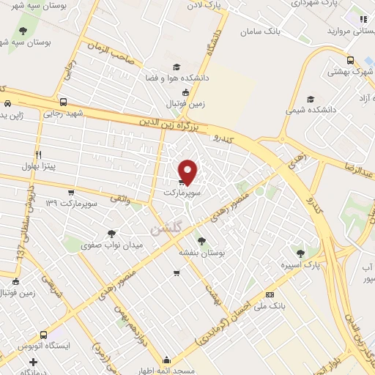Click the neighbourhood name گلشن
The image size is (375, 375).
tap(166, 229)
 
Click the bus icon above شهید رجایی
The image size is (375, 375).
tap(63, 103)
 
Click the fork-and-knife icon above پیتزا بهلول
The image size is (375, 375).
tap(39, 155)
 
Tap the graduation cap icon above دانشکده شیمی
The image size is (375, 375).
tap(311, 98)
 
